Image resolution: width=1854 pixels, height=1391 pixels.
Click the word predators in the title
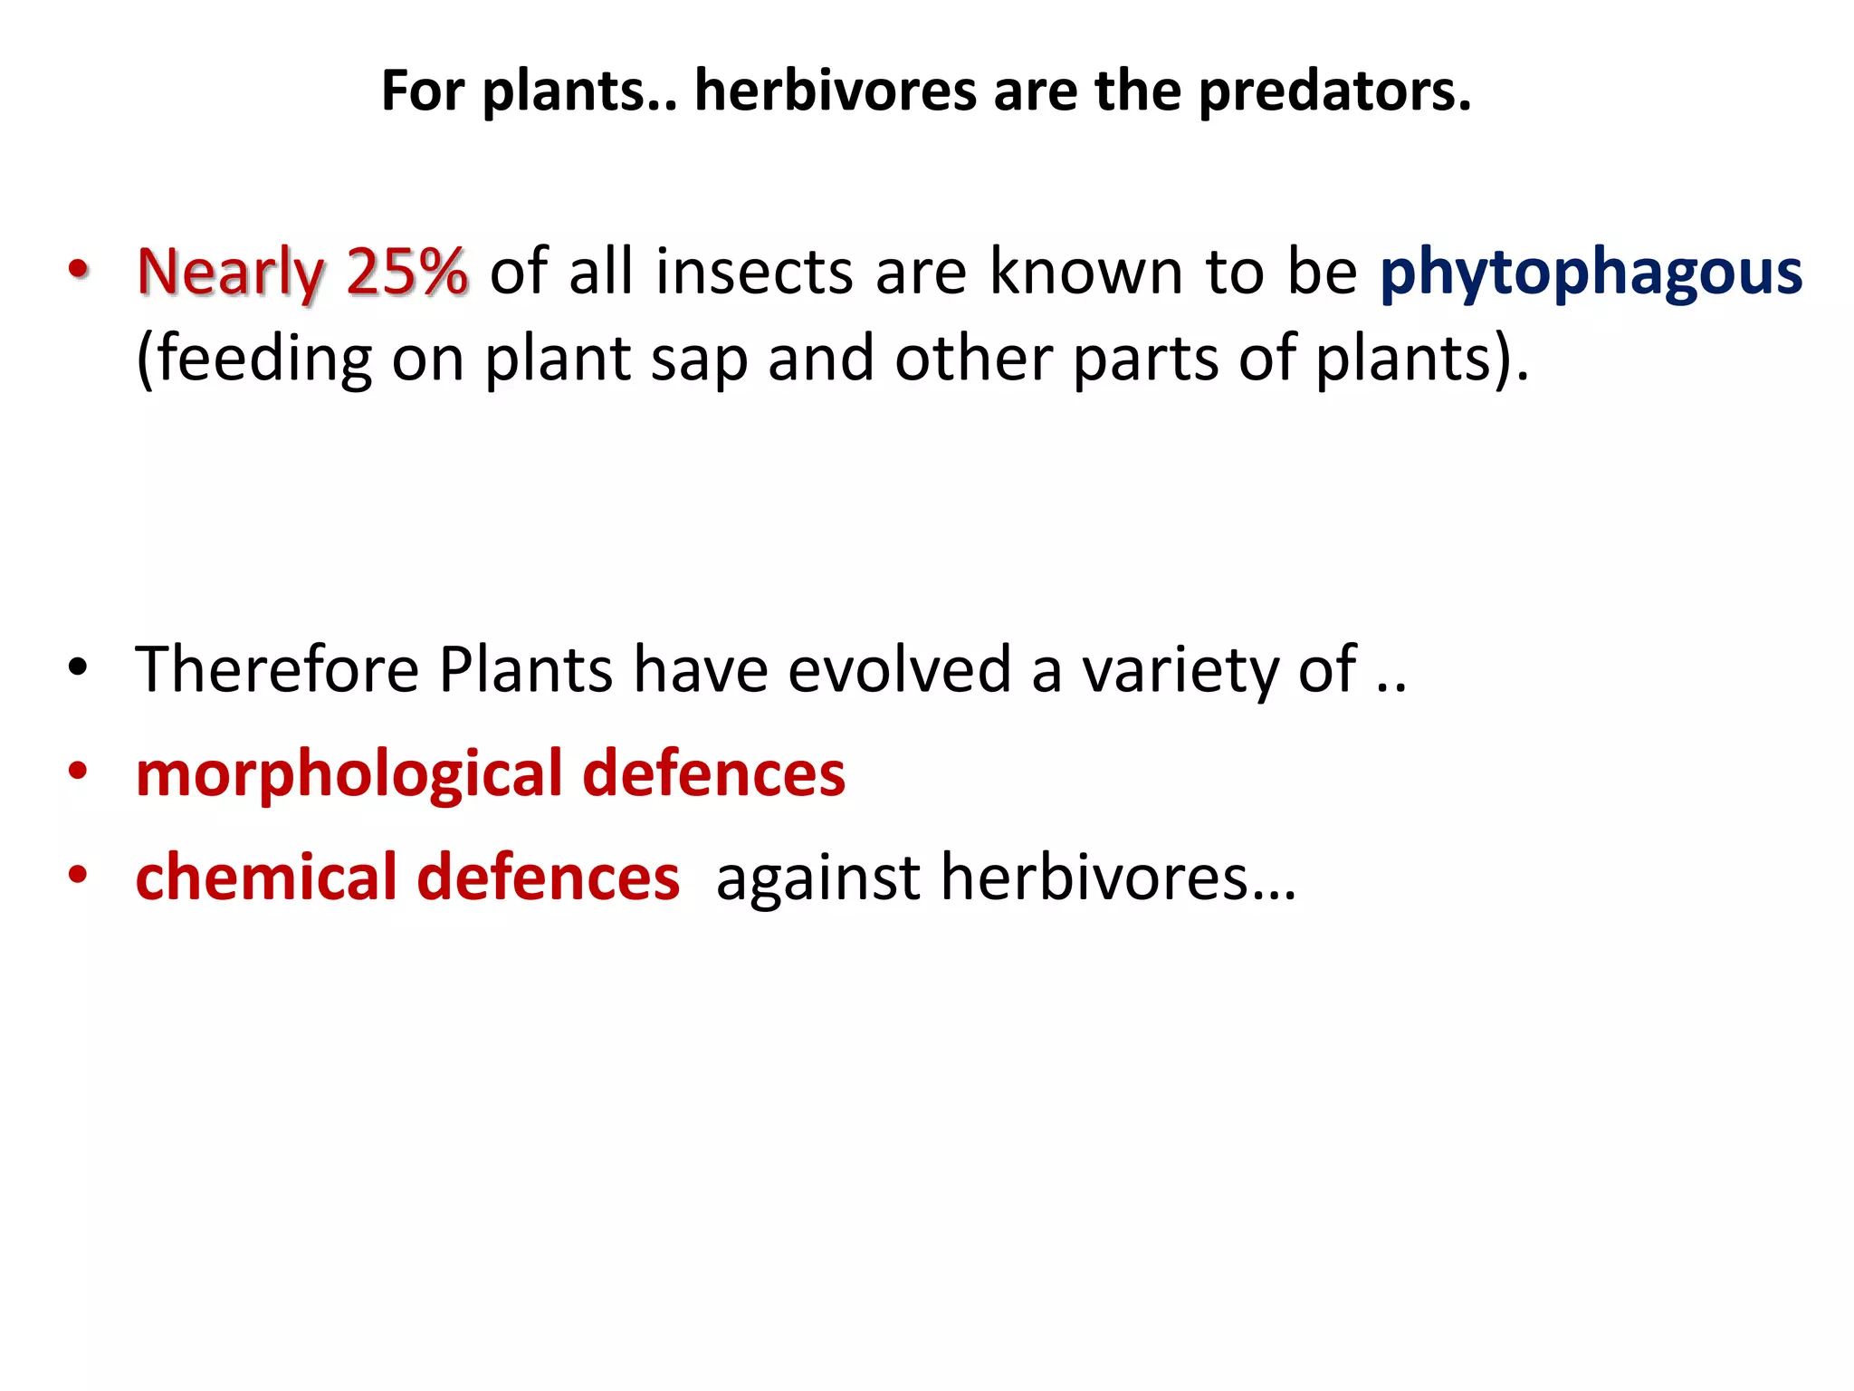[1334, 91]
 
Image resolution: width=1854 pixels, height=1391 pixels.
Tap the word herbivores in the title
[835, 91]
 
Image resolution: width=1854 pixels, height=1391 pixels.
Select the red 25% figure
[406, 272]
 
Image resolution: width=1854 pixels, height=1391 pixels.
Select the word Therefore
[277, 669]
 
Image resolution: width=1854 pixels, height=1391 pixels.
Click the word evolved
[899, 669]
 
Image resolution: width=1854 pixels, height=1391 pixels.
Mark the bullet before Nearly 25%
[79, 268]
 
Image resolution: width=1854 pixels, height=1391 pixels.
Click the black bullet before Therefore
[78, 667]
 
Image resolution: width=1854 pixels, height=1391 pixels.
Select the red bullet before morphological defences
[78, 772]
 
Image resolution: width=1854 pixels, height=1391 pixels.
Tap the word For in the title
[422, 91]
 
